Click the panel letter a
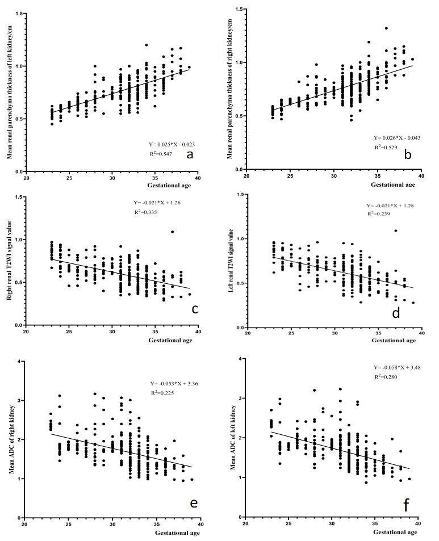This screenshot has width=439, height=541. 190,155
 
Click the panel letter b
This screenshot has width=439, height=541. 408,154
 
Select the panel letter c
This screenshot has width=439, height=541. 195,309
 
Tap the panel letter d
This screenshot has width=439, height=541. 396,313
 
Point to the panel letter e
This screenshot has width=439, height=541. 194,503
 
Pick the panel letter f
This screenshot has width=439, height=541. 406,506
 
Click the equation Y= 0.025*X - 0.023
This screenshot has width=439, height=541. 172,145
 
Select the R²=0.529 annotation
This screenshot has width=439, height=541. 386,148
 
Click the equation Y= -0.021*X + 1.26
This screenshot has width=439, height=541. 157,203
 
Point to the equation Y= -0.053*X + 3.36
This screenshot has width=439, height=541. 174,384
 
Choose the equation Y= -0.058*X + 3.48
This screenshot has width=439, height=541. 397,367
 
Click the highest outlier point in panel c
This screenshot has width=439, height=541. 172,232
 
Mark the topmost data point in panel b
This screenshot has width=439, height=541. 386,28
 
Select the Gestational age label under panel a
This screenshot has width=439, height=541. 169,185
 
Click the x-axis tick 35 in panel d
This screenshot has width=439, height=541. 378,333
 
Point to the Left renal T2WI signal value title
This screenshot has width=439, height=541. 231,261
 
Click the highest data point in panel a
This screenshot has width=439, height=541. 147,45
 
